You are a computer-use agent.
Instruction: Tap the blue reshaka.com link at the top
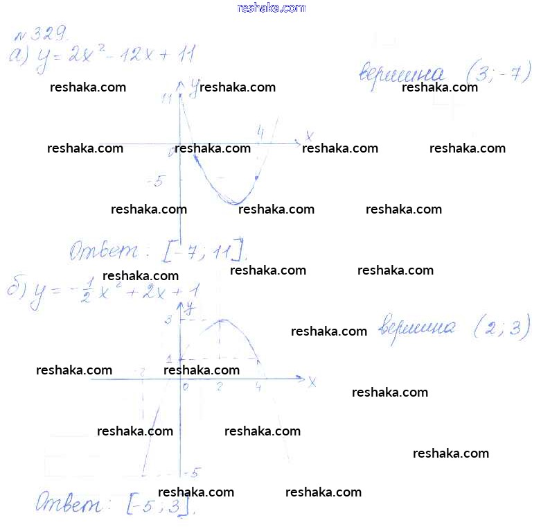(271, 8)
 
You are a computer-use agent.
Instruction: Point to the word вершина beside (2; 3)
(418, 328)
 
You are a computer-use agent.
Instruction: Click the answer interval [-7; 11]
(204, 250)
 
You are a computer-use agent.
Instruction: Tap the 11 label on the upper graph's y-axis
(166, 98)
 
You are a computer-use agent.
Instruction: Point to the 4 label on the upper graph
(260, 131)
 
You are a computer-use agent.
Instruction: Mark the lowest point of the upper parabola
(236, 203)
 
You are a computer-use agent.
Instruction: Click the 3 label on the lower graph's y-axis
(168, 319)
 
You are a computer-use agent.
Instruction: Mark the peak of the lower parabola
(220, 320)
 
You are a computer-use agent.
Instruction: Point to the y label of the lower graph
(188, 305)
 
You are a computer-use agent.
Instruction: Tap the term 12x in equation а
(140, 53)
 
